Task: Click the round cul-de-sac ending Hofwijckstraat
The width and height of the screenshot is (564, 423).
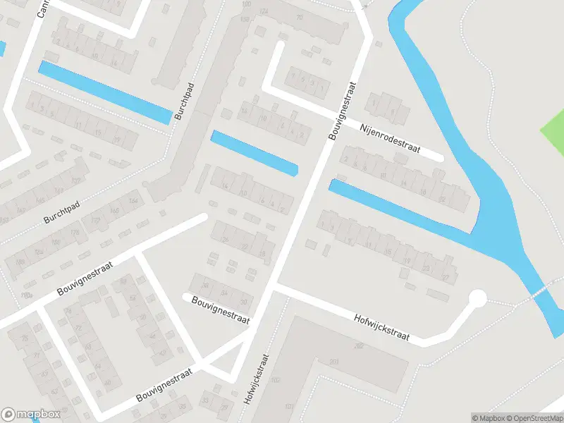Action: click(x=478, y=299)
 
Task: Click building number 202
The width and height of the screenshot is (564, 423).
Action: click(x=359, y=345)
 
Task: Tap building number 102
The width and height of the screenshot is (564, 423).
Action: click(x=276, y=379)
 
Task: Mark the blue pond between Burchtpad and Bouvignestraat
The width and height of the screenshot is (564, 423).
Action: click(x=255, y=153)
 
